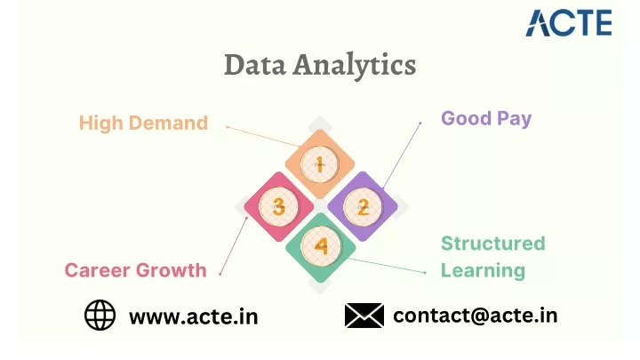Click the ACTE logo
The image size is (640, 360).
pyautogui.click(x=569, y=23)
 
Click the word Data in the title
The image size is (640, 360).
pyautogui.click(x=255, y=65)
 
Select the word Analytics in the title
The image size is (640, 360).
pyautogui.click(x=355, y=65)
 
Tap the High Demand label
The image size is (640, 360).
pyautogui.click(x=143, y=123)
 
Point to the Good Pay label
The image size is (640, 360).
pyautogui.click(x=486, y=119)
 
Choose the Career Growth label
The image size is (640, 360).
pyautogui.click(x=135, y=270)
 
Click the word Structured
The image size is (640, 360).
pyautogui.click(x=493, y=244)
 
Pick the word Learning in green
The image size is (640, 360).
pyautogui.click(x=483, y=270)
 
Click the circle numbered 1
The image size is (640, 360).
pyautogui.click(x=320, y=164)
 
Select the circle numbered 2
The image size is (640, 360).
pyautogui.click(x=363, y=207)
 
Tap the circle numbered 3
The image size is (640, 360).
pyautogui.click(x=278, y=206)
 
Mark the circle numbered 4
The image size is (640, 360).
pyautogui.click(x=321, y=247)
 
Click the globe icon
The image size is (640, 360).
pyautogui.click(x=100, y=315)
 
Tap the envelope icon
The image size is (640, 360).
pyautogui.click(x=364, y=315)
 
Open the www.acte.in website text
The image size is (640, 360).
pyautogui.click(x=194, y=316)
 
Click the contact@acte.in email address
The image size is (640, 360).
pyautogui.click(x=475, y=316)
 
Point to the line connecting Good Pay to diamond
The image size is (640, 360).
pyautogui.click(x=402, y=155)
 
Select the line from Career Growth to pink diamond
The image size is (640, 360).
pyautogui.click(x=234, y=245)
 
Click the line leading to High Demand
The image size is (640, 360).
pyautogui.click(x=263, y=136)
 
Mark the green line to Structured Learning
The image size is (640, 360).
pyautogui.click(x=386, y=265)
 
